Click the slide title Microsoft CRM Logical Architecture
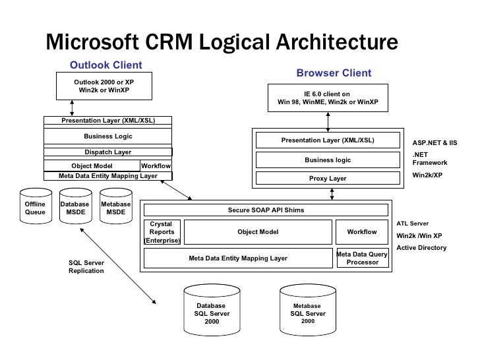[222, 43]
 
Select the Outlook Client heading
[106, 65]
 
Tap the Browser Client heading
[334, 73]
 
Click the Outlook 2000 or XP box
[104, 86]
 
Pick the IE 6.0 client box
[328, 98]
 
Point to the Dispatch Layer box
[107, 152]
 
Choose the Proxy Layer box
[328, 179]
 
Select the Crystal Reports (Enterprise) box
[162, 232]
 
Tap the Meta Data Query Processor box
[362, 258]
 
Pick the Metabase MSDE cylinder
[115, 209]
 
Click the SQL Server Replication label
[86, 267]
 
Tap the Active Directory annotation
[421, 248]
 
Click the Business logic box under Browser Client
[328, 160]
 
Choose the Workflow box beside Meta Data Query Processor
[362, 232]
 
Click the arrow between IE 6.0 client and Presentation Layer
[328, 120]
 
